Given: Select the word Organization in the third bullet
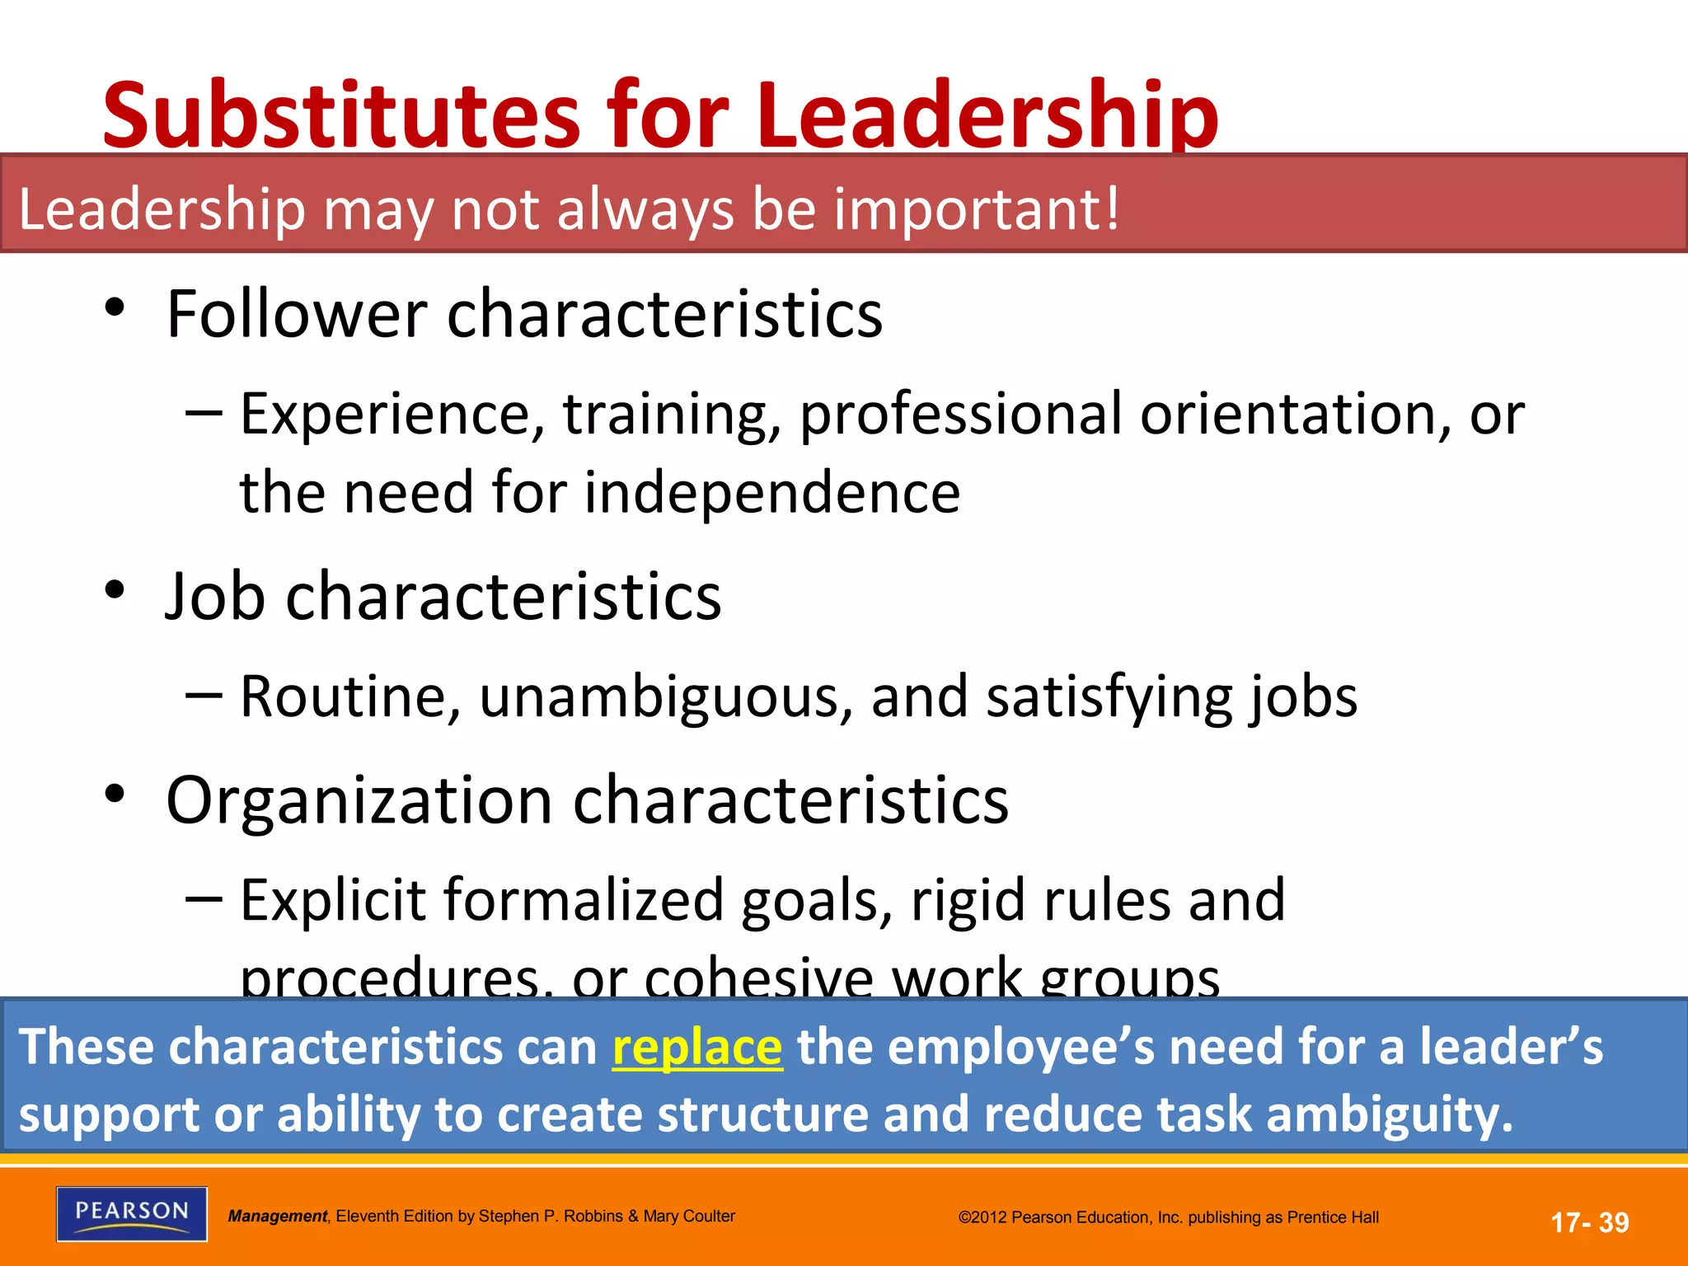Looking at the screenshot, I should [x=359, y=799].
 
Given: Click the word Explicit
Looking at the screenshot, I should [x=333, y=899].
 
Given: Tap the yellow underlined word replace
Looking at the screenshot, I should [x=696, y=1048].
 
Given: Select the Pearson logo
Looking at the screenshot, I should [x=132, y=1213].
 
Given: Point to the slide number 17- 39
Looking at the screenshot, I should [x=1589, y=1222].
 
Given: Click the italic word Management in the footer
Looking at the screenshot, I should [x=278, y=1217].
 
